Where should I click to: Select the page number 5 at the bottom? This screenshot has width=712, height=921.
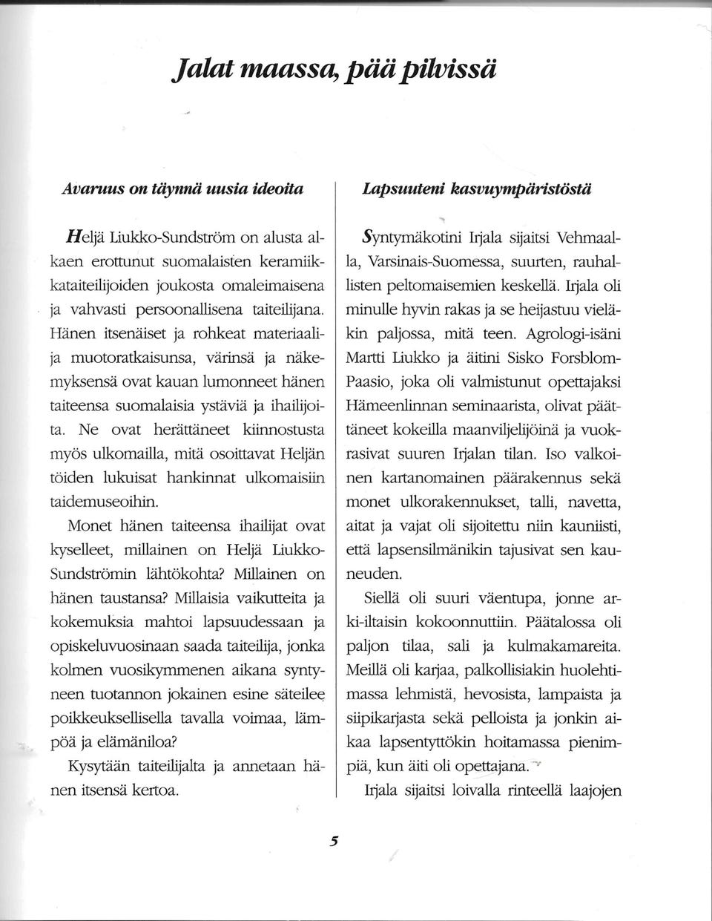click(x=334, y=841)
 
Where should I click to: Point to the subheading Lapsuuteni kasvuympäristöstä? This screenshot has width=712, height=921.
click(x=487, y=189)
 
